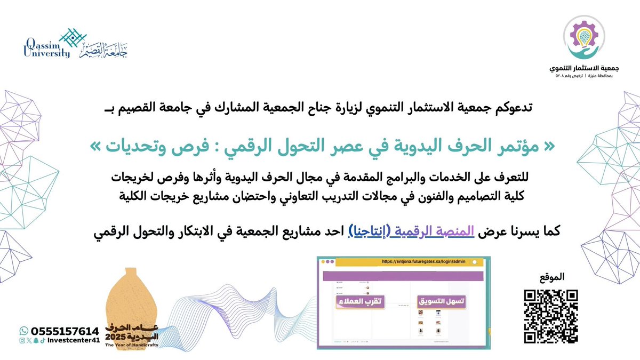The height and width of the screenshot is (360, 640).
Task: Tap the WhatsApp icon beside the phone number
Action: coord(23,331)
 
